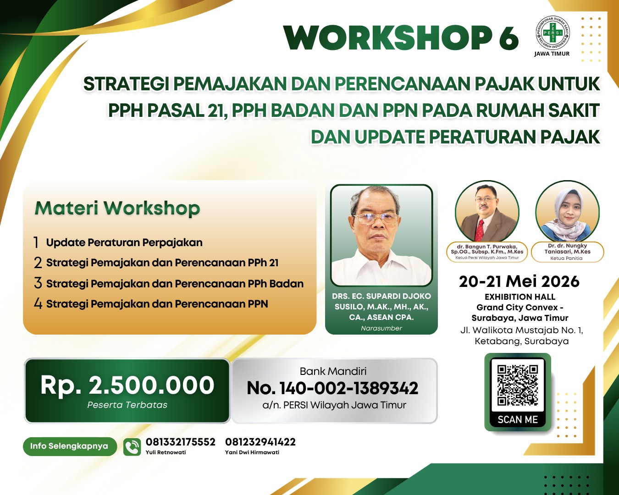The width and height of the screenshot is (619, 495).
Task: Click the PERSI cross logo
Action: tap(552, 33)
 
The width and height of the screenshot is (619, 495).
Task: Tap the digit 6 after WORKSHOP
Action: tap(508, 38)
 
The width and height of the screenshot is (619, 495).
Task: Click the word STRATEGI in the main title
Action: tap(126, 84)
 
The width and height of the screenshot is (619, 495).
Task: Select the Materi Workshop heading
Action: tap(117, 208)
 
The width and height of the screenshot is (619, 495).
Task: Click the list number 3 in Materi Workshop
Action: tap(38, 283)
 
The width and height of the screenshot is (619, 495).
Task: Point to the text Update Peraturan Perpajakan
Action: tap(124, 242)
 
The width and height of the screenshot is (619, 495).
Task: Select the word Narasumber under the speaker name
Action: tap(381, 328)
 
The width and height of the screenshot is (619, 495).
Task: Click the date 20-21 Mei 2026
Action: tap(519, 281)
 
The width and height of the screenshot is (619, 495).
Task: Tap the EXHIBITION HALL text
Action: tap(520, 297)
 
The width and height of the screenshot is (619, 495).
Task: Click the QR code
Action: tap(518, 385)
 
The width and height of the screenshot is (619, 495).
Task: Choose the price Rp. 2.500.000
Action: tap(127, 385)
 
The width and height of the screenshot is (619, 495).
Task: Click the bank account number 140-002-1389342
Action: tap(348, 388)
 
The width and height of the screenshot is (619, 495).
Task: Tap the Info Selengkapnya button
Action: tap(70, 446)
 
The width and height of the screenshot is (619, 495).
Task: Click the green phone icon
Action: tap(132, 447)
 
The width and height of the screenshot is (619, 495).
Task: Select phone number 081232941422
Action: tap(260, 442)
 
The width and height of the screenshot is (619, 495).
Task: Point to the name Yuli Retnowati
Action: tap(166, 452)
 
